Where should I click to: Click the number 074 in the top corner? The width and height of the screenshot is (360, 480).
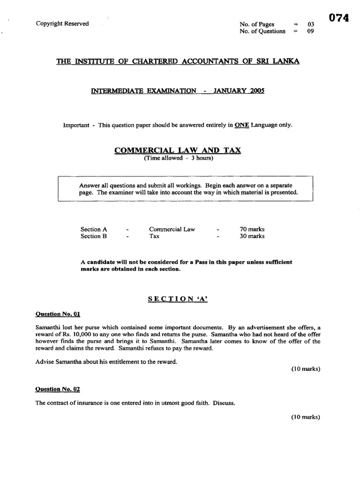[x=339, y=18]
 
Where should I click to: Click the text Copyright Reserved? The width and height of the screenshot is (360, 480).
[x=62, y=24]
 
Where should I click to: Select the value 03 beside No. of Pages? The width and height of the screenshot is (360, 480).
[x=310, y=24]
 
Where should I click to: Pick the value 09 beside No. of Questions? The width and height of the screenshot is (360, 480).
[x=310, y=31]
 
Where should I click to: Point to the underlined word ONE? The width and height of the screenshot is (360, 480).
[x=242, y=125]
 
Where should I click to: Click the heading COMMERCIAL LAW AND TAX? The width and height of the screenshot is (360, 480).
[x=178, y=150]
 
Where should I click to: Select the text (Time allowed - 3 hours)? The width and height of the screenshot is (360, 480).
[x=178, y=158]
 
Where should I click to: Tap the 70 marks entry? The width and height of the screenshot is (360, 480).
[x=252, y=229]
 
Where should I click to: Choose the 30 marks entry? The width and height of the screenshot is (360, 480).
[x=252, y=236]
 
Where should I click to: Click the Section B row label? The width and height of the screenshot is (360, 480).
[x=94, y=236]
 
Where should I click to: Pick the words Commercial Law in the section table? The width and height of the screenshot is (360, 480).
[x=172, y=229]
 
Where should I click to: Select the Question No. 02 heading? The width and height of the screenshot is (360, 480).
[x=54, y=389]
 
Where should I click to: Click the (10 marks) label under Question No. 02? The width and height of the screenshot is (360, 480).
[x=305, y=417]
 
